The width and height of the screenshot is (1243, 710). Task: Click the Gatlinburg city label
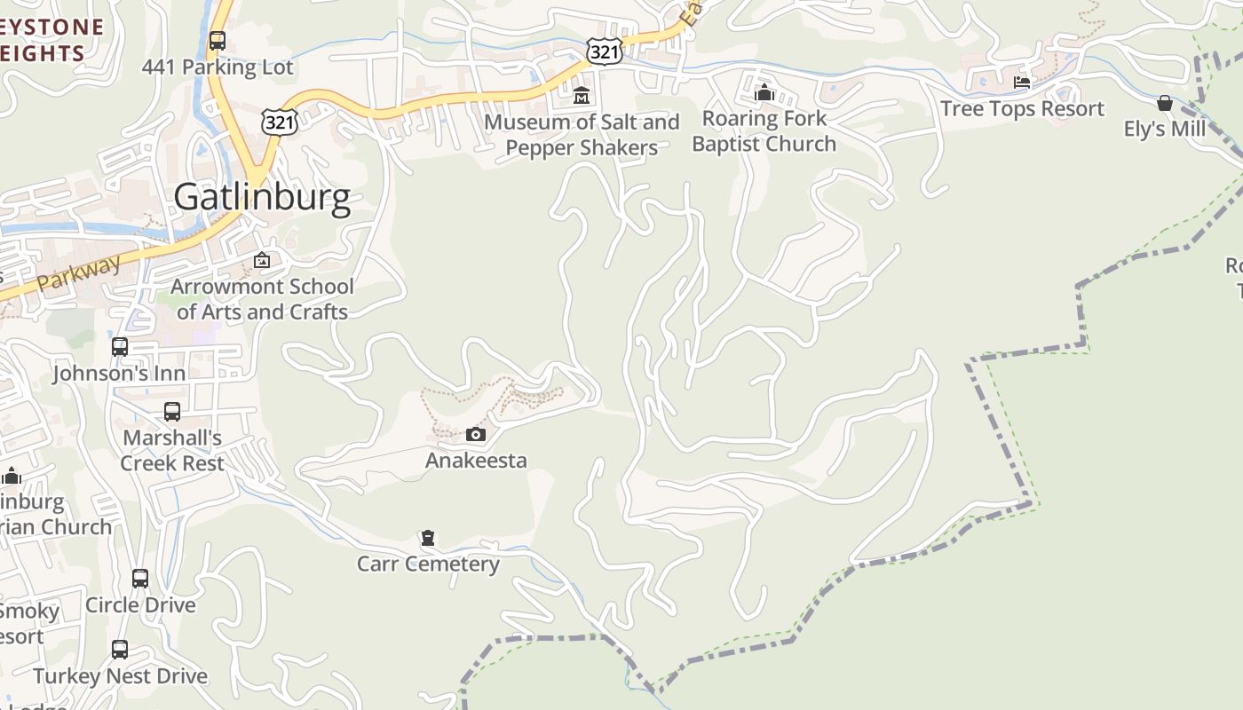point(262,197)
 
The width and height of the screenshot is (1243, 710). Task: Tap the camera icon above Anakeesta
point(476,434)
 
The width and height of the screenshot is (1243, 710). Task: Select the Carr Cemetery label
point(428,564)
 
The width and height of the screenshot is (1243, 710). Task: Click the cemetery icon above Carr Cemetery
point(428,538)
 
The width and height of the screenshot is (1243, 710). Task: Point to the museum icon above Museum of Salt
point(582,95)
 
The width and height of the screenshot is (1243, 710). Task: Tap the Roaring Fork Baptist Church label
point(764,131)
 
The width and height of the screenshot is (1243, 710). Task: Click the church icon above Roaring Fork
point(764,91)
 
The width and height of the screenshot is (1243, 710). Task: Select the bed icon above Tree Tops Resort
point(1022,83)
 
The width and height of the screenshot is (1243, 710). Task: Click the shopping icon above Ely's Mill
point(1165,103)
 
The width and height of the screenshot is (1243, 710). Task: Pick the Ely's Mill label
point(1165,129)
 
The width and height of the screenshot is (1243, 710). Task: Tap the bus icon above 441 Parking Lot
point(218,41)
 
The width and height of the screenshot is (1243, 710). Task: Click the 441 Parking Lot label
point(218,67)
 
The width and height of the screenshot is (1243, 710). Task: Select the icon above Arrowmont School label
point(262,260)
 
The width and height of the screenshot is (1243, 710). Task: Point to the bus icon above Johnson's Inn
point(120,347)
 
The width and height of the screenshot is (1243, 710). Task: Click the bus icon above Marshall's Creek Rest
point(172,412)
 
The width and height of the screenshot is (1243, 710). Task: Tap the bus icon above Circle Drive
point(140,579)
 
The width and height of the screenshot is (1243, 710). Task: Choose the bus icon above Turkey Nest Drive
point(120,650)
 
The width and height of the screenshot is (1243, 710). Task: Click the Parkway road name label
point(79,275)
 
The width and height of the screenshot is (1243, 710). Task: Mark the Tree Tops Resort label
point(1022,108)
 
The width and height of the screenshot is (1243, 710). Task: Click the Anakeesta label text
point(476,460)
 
